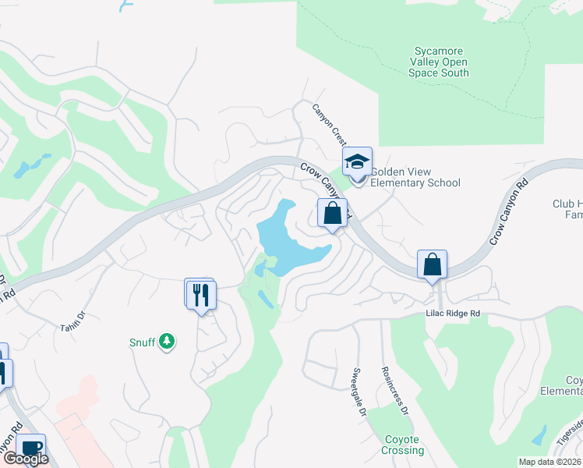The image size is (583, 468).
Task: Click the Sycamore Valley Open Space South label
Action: coord(439,62)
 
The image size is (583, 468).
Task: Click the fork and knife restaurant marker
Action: coord(201,294)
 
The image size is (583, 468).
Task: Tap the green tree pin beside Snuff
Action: coord(166,342)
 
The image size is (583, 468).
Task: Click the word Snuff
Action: coord(140,342)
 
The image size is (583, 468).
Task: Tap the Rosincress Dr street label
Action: coord(394,388)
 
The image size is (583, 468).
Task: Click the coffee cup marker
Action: coord(30,448)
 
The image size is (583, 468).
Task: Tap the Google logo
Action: coord(25,459)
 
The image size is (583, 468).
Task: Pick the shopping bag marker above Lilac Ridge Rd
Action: coord(433,265)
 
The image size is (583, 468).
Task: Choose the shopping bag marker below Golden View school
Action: coord(332,213)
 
